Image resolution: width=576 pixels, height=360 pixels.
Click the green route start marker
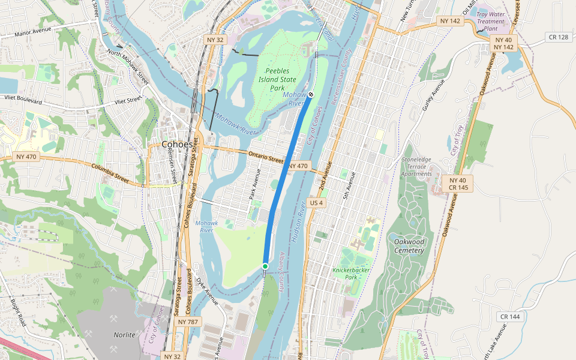265,266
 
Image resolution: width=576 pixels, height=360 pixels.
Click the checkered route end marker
311,94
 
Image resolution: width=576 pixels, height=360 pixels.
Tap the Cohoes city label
177,145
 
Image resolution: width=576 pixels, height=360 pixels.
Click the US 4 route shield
317,203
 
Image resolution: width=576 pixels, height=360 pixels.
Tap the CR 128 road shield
558,37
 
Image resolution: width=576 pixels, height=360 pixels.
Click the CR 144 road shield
509,316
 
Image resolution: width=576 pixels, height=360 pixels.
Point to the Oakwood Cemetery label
409,246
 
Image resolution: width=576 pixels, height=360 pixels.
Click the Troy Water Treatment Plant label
491,21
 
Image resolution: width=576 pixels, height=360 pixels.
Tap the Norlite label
124,335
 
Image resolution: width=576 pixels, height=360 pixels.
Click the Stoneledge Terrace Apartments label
416,167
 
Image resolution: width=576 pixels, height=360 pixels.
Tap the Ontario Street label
265,157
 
